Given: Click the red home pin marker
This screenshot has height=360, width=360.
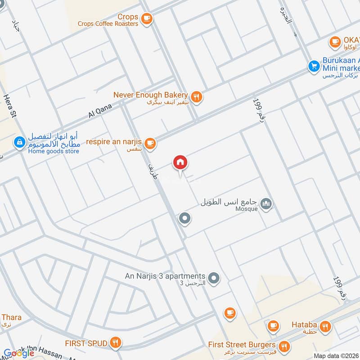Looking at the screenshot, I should click(x=180, y=162).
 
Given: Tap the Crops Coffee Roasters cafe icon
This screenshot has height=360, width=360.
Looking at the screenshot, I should click(x=146, y=18).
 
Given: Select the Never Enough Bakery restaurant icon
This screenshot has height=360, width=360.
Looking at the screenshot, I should click(x=196, y=96).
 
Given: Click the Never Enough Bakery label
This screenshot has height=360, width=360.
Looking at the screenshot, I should click(x=150, y=95).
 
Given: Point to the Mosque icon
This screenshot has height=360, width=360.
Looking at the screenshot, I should click(x=266, y=205).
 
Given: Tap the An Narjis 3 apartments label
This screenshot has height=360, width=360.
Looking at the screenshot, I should click(x=165, y=276).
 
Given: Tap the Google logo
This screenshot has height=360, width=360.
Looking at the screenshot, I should click(x=19, y=353).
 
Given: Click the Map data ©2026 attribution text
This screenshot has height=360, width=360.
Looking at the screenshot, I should click(x=335, y=356).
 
